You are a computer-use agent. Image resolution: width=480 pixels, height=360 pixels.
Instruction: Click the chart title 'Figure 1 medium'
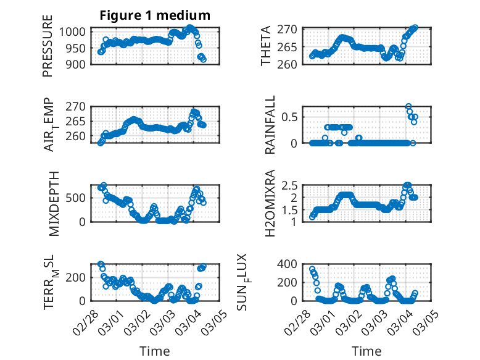click(x=155, y=15)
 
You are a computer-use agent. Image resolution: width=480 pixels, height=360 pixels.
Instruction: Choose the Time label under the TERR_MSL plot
click(x=155, y=351)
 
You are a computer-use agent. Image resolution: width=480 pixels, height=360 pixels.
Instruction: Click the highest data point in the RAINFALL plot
click(x=408, y=107)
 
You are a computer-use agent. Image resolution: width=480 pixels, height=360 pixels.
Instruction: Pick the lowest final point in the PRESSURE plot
click(x=203, y=59)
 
